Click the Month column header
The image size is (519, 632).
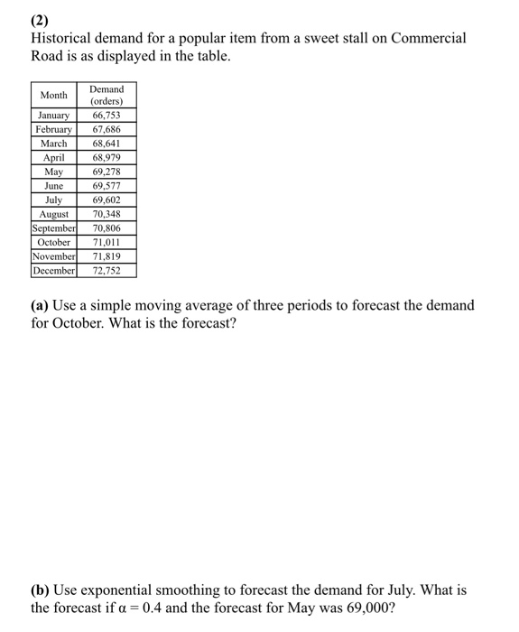click(53, 95)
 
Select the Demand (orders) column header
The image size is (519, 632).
click(107, 95)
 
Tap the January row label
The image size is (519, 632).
click(53, 116)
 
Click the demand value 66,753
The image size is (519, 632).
click(107, 116)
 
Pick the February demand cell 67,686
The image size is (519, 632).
click(107, 129)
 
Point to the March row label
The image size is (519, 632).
click(53, 144)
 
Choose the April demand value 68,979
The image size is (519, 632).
click(107, 157)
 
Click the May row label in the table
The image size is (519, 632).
click(53, 172)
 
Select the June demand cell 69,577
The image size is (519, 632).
click(107, 186)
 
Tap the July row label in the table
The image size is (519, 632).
click(53, 200)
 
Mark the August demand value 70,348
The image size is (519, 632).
click(107, 214)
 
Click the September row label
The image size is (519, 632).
click(53, 228)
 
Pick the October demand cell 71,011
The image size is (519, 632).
click(107, 242)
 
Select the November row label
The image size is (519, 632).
click(53, 256)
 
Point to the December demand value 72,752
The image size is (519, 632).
click(107, 270)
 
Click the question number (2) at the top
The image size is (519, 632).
click(41, 19)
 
